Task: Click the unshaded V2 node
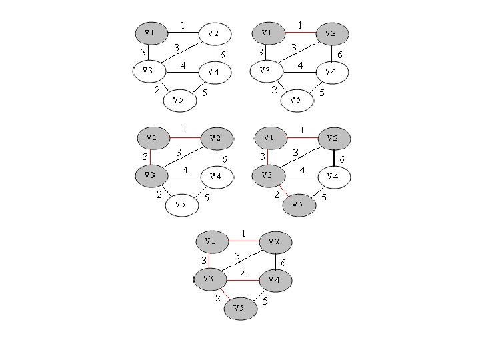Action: click(214, 33)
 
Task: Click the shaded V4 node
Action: click(274, 281)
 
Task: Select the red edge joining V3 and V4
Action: click(243, 281)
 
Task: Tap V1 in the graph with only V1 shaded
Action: click(149, 32)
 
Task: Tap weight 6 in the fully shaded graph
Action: click(283, 263)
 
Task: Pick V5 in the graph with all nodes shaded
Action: click(239, 308)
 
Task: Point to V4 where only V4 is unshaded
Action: click(333, 176)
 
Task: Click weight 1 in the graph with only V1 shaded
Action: click(183, 25)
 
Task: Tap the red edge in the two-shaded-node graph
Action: click(299, 32)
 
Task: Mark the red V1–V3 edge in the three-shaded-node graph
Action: click(151, 157)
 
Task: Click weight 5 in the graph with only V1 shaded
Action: click(204, 93)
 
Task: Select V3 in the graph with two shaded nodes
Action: click(265, 70)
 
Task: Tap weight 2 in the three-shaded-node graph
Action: click(159, 195)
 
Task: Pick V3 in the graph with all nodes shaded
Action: click(209, 279)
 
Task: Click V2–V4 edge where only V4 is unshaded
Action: click(333, 157)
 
